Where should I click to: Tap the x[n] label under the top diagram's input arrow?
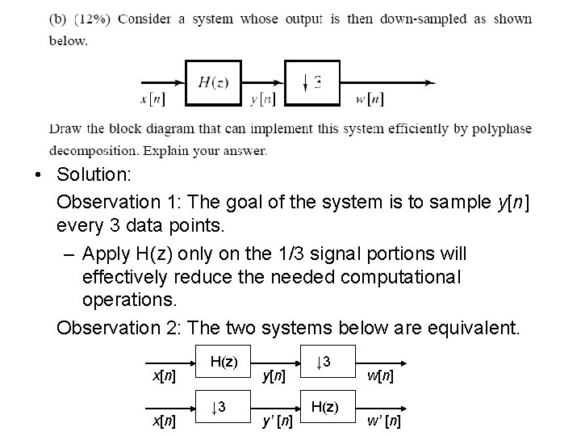(153, 99)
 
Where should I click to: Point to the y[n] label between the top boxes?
(263, 99)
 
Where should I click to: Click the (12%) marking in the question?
(94, 19)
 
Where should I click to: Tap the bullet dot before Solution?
(38, 176)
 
